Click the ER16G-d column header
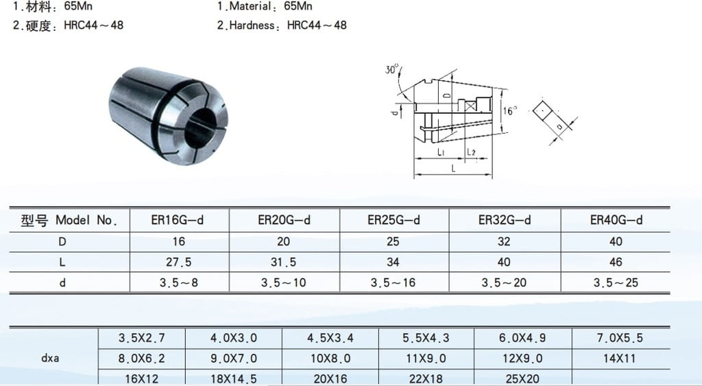[178, 220]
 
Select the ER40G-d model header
[616, 220]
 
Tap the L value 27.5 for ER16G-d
[179, 262]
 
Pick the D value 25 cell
[393, 241]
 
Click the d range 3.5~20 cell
[504, 282]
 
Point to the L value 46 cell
[616, 262]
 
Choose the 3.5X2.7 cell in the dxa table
[141, 337]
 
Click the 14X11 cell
[620, 359]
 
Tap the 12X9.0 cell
[522, 359]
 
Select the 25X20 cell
[522, 378]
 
